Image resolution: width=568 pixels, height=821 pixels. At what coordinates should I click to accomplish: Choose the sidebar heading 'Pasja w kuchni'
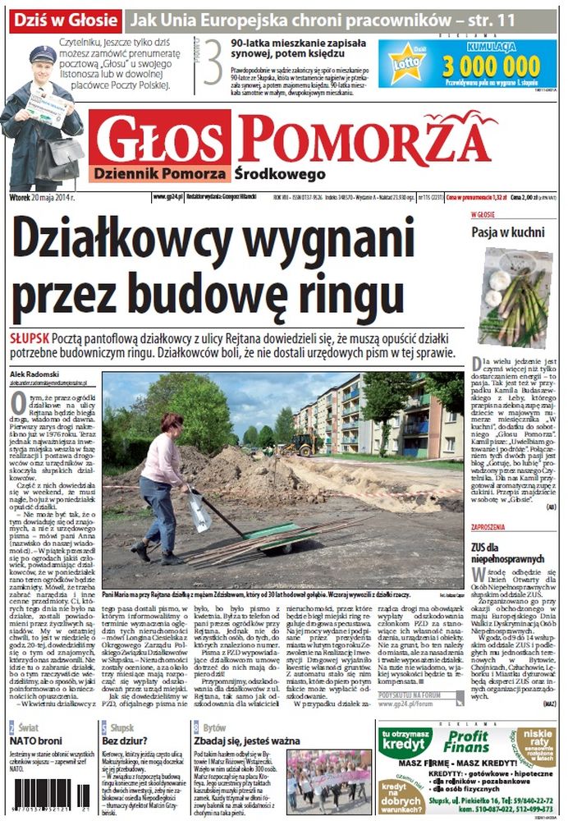click(507, 232)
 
